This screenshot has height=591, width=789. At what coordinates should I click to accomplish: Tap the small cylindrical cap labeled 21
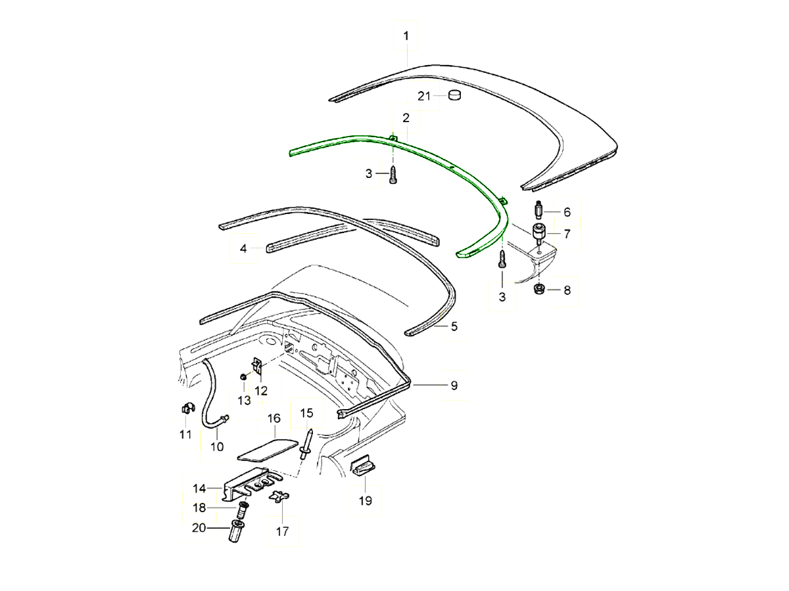coord(454,96)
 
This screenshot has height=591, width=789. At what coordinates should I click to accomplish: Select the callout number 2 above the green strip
coord(406,118)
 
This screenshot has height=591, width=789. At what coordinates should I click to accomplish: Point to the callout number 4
coord(243,249)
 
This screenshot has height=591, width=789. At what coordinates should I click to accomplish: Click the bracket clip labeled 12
coord(257,369)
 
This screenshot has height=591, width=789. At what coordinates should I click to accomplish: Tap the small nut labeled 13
coord(243,377)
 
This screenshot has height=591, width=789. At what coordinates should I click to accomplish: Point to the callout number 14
coord(199,488)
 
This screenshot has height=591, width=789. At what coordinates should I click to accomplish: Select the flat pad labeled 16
coord(267,449)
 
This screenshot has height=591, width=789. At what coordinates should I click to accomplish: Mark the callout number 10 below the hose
coord(217,447)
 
